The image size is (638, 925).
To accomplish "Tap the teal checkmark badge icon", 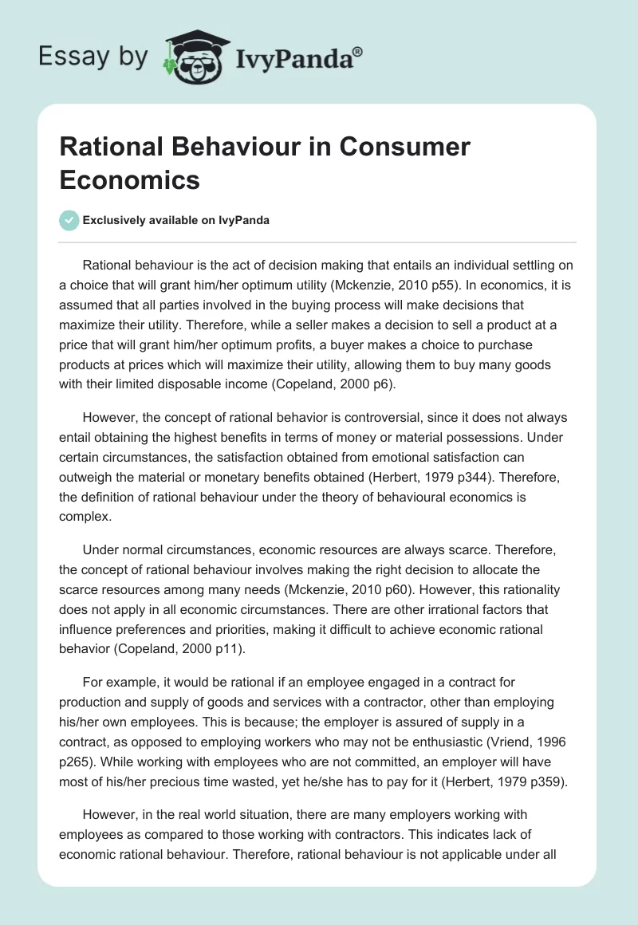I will coord(69,220).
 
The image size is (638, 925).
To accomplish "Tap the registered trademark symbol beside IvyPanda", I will coord(358,50).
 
